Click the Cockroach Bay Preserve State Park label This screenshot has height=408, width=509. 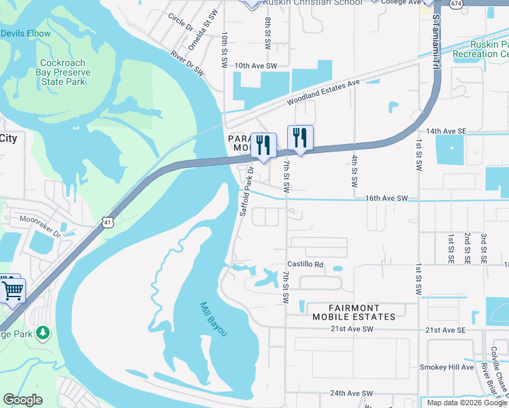61,71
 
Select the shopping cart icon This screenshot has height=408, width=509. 12,290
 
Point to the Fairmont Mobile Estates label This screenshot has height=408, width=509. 354,312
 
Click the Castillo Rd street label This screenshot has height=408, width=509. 305,264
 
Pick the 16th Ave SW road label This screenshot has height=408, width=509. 386,198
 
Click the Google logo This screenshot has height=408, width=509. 22,400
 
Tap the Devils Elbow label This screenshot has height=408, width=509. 25,33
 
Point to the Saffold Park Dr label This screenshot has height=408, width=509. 246,192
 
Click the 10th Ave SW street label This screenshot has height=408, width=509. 256,66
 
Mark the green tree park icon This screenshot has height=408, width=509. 43,333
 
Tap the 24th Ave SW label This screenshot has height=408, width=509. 352,394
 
